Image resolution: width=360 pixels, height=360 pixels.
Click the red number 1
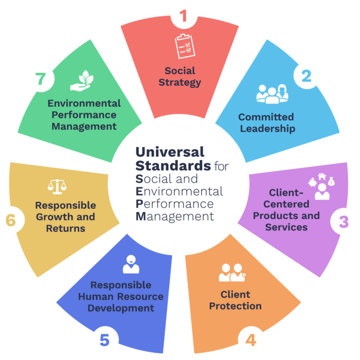(x=183, y=15)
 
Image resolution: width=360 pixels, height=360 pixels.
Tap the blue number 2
(x=307, y=76)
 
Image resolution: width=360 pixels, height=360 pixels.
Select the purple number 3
(x=344, y=222)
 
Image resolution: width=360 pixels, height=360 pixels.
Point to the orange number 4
(x=251, y=340)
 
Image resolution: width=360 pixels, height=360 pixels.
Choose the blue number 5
(x=104, y=340)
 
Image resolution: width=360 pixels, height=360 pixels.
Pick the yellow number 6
(x=11, y=220)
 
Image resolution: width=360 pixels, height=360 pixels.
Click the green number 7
(x=41, y=79)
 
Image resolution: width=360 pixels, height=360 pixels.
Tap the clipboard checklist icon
(x=185, y=46)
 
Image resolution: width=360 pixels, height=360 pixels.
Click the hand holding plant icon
(x=82, y=81)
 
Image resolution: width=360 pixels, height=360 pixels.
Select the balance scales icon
(x=57, y=187)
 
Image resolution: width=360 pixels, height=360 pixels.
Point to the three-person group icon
(x=272, y=94)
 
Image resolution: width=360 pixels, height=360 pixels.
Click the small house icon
(x=322, y=176)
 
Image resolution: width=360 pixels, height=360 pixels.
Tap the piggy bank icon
(x=313, y=183)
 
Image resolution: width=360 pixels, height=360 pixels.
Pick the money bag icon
(x=331, y=182)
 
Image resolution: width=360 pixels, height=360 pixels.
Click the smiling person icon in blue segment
(x=131, y=264)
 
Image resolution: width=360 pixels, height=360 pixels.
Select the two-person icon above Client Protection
(x=232, y=273)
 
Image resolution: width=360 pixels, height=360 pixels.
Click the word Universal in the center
(x=170, y=152)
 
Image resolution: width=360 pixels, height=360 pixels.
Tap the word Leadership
(x=267, y=129)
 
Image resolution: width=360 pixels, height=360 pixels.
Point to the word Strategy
(x=180, y=82)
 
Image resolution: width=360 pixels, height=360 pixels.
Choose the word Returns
(x=66, y=228)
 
